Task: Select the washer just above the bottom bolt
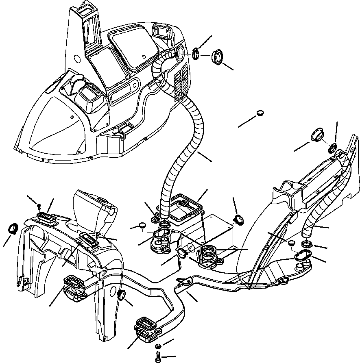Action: point(158,346)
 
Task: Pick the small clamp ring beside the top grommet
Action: point(196,54)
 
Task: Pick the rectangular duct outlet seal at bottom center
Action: point(145,327)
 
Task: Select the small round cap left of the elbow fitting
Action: point(142,226)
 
